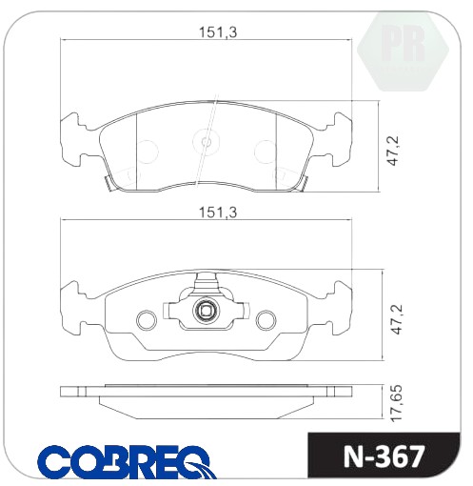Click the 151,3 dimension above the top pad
coord(218,32)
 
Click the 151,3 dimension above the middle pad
coord(218,213)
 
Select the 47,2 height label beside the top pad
coord(393,151)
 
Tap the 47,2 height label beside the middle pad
coord(397,319)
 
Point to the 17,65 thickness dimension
coord(397,403)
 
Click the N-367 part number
coord(384,456)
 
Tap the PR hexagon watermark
coord(403,51)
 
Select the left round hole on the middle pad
coord(147,320)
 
